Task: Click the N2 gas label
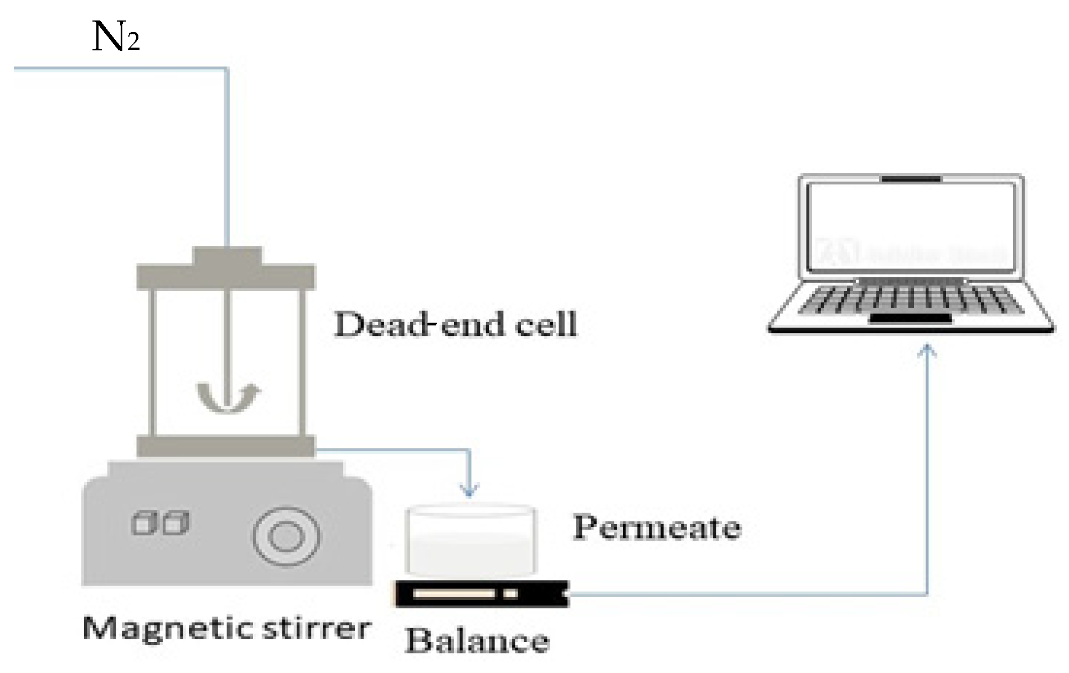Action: tap(115, 38)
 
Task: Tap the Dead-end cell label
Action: tap(455, 324)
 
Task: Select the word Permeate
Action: tap(657, 527)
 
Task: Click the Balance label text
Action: tap(477, 641)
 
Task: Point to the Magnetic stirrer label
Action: tap(226, 629)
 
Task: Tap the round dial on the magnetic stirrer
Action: tap(286, 536)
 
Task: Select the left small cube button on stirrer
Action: tap(143, 522)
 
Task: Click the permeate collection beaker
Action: tap(471, 540)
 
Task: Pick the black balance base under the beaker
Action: tap(482, 594)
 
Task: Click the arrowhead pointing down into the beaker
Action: tap(469, 490)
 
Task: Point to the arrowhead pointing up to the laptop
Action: tap(928, 351)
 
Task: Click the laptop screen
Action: tap(911, 227)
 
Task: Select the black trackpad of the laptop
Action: tap(910, 318)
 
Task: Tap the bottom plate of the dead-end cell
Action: tap(226, 446)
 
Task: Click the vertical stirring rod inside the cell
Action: tap(227, 343)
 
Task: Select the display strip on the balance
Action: tap(454, 594)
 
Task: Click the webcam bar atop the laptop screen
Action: tap(911, 179)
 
